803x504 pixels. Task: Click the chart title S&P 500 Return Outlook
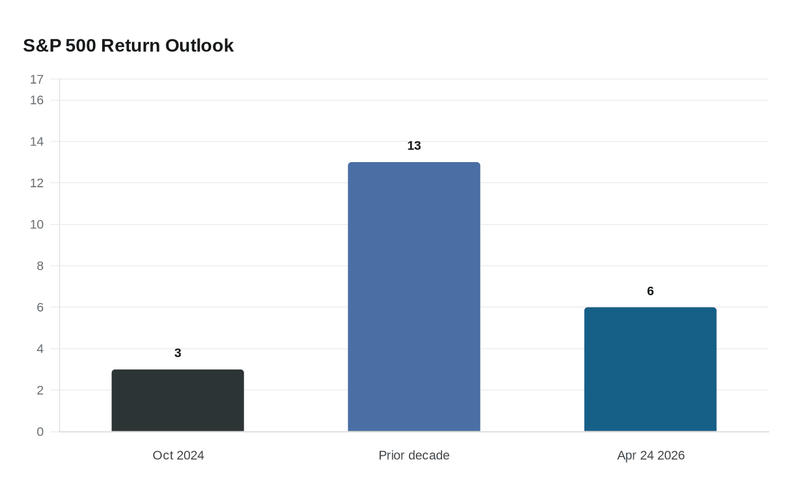click(128, 46)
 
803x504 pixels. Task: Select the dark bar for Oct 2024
click(178, 400)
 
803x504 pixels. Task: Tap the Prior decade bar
click(414, 297)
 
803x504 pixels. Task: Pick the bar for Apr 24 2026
click(650, 369)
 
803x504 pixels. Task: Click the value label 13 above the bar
click(414, 145)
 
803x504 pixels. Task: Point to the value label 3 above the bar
click(178, 353)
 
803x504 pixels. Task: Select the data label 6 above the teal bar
click(650, 291)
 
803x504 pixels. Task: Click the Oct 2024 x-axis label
click(178, 455)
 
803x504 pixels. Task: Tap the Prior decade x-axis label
click(414, 455)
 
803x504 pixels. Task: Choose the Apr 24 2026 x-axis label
click(650, 455)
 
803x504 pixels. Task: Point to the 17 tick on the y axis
click(37, 80)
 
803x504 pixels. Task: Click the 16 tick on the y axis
click(37, 100)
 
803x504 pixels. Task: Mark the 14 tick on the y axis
click(37, 142)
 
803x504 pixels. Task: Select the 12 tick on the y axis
click(37, 183)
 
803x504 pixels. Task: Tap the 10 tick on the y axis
click(37, 225)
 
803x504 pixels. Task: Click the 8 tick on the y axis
click(40, 266)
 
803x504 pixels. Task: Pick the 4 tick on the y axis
click(40, 349)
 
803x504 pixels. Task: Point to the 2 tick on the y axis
click(40, 390)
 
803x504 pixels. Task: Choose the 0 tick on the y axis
click(40, 432)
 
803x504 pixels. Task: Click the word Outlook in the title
click(200, 46)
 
